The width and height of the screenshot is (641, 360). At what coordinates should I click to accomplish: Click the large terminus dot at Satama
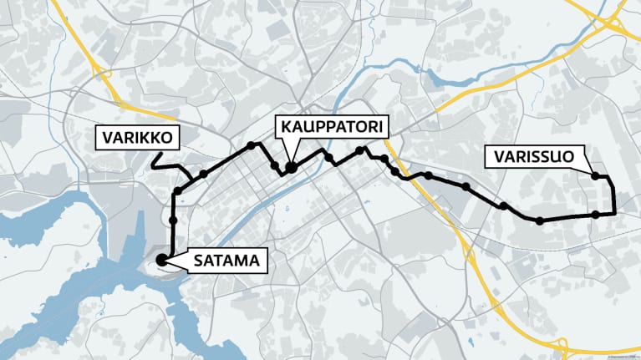coord(160,261)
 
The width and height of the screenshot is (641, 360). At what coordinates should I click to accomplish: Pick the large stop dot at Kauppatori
coord(292,167)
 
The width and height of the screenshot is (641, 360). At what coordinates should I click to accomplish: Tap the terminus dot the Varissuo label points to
coord(596,175)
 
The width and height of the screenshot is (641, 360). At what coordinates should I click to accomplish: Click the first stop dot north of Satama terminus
coord(173,221)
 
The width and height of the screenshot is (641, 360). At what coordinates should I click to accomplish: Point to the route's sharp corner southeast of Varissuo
coord(614,214)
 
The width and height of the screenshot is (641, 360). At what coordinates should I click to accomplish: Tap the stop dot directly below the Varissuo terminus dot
coord(595,215)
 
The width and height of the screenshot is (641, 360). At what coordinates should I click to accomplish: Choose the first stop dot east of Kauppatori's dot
coord(329,157)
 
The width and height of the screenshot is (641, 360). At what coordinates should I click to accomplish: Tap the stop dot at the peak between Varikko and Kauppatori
coord(251,145)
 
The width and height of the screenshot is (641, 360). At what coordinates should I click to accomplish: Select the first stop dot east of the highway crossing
coord(428,175)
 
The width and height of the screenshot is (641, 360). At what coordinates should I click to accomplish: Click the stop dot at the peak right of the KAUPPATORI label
coord(361,150)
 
